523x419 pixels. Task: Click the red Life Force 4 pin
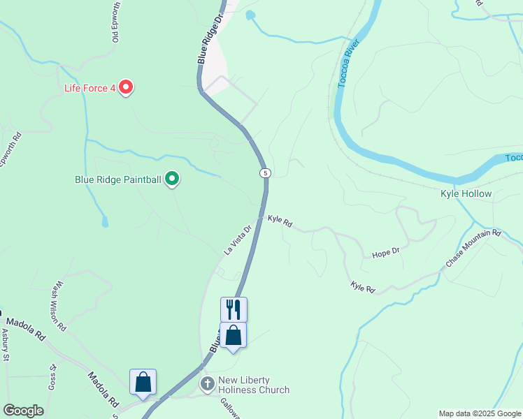click(126, 88)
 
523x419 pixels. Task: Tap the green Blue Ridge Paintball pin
click(172, 179)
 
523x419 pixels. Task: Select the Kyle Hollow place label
click(466, 193)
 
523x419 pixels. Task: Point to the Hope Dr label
click(385, 252)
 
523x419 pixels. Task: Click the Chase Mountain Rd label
click(473, 249)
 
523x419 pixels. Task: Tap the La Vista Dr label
click(238, 239)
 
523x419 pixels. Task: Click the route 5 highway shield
click(264, 172)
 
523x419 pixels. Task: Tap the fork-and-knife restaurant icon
click(234, 309)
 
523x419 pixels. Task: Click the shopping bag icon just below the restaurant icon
click(234, 335)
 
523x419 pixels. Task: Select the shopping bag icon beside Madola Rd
click(143, 382)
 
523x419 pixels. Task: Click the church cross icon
click(208, 384)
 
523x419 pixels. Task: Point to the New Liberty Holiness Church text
click(254, 385)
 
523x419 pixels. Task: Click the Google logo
click(23, 411)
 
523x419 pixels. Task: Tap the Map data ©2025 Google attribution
click(479, 413)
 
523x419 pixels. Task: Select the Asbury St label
click(5, 345)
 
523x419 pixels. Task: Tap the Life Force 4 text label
click(89, 88)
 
